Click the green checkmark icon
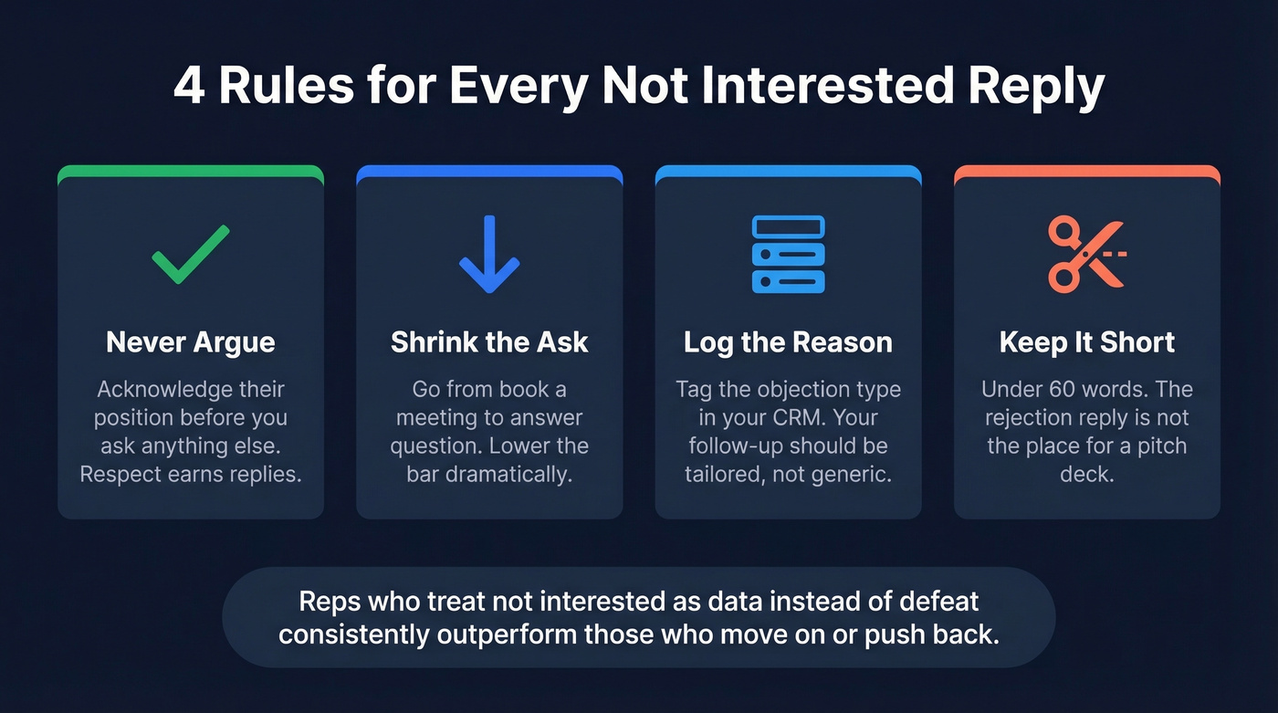[190, 255]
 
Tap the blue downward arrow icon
[489, 255]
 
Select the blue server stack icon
[788, 255]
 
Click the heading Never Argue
[190, 342]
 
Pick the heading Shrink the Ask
[489, 342]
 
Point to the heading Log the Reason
[788, 342]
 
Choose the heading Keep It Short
[1087, 342]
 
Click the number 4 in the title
[189, 87]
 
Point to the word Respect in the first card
[118, 476]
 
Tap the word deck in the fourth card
[1086, 476]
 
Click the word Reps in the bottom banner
[328, 602]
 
